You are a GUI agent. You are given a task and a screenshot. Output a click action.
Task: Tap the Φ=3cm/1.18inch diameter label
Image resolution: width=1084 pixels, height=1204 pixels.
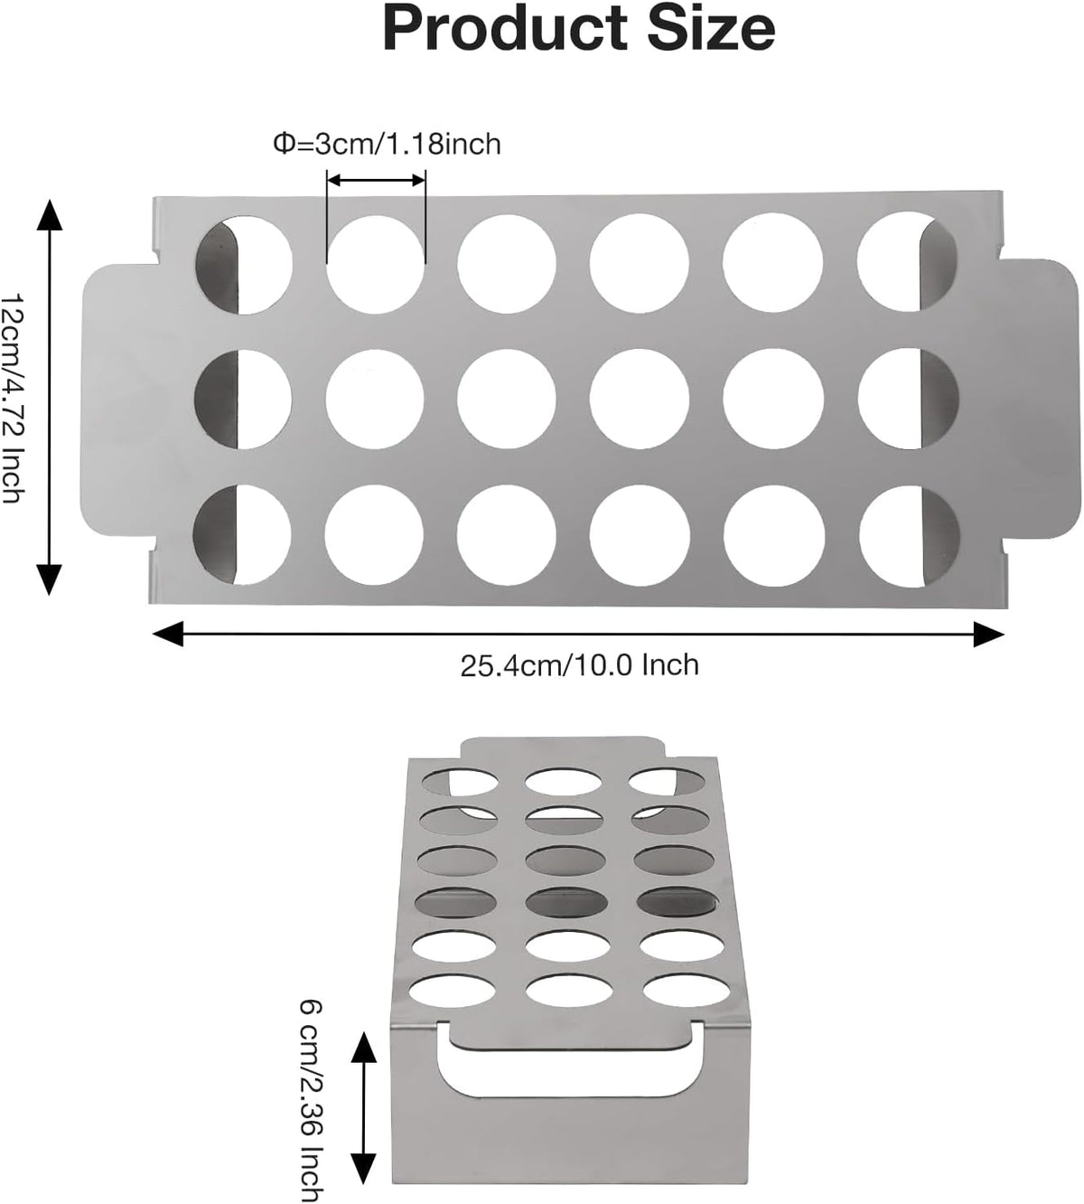pyautogui.click(x=387, y=145)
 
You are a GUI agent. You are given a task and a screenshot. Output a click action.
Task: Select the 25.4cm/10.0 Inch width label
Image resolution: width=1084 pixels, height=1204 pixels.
pyautogui.click(x=580, y=665)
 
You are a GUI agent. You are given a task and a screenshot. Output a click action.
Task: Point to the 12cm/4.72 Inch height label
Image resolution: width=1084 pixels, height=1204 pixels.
pyautogui.click(x=14, y=400)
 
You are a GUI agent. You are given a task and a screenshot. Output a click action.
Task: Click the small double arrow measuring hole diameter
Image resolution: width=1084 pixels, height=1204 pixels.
pyautogui.click(x=376, y=180)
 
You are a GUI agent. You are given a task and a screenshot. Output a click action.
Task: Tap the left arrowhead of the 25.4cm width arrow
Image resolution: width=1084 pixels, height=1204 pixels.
pyautogui.click(x=169, y=635)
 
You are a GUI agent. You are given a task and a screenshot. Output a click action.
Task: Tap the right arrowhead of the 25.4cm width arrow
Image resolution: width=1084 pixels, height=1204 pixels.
pyautogui.click(x=988, y=635)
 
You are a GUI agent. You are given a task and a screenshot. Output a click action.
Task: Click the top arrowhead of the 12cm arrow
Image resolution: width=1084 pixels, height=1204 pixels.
pyautogui.click(x=50, y=215)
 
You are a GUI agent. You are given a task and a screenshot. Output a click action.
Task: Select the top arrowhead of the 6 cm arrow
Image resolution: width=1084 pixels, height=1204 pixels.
pyautogui.click(x=363, y=1046)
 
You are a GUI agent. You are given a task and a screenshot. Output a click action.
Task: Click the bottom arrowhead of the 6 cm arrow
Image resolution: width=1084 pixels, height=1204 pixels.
pyautogui.click(x=363, y=1167)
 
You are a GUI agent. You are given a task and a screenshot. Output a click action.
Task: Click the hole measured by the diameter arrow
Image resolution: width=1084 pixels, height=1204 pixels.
pyautogui.click(x=376, y=264)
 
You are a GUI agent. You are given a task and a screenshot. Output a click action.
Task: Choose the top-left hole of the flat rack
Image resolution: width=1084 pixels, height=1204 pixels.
pyautogui.click(x=242, y=264)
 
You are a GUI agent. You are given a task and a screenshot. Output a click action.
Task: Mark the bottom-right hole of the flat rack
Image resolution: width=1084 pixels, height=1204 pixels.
pyautogui.click(x=908, y=536)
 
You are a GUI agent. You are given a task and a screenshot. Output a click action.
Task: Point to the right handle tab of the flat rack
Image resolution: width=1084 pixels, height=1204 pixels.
pyautogui.click(x=1033, y=399)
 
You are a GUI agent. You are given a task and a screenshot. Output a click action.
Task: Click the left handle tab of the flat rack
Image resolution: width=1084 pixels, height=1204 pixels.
pyautogui.click(x=117, y=399)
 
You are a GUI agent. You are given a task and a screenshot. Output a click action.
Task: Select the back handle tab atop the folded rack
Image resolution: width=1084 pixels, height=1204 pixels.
pyautogui.click(x=563, y=748)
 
